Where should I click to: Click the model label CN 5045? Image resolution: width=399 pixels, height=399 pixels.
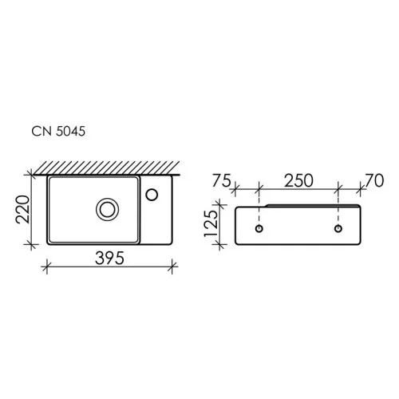point(58,131)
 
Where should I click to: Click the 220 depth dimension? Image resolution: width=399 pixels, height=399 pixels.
point(22,209)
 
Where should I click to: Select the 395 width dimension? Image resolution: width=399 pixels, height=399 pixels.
point(109,258)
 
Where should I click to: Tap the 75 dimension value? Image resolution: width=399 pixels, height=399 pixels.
point(221,180)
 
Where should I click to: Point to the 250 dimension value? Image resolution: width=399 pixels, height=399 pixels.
point(298,180)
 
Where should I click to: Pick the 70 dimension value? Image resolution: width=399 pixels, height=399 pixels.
point(374,180)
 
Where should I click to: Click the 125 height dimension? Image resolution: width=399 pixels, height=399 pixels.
point(211,223)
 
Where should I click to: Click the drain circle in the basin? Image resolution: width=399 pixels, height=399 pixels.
point(107,209)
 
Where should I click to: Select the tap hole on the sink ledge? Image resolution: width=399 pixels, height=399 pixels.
point(152,195)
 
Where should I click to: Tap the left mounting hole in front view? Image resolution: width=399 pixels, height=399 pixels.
point(259,228)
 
